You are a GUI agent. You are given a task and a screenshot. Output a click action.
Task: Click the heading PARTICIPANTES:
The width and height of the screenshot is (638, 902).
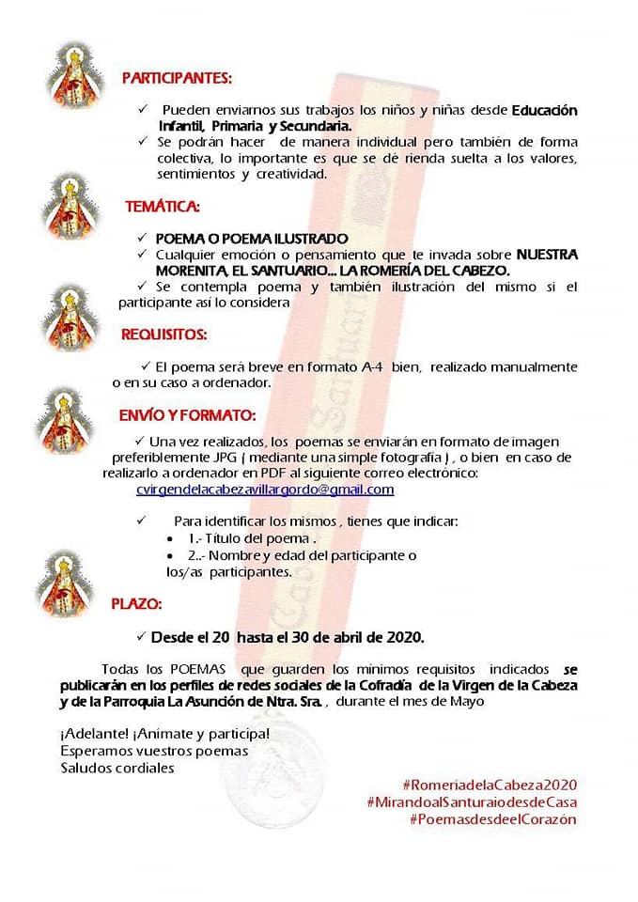(x=177, y=78)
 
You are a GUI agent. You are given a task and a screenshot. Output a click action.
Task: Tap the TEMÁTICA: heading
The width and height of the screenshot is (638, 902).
(x=163, y=205)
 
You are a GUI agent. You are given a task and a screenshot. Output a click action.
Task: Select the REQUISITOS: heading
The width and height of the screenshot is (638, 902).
(x=164, y=333)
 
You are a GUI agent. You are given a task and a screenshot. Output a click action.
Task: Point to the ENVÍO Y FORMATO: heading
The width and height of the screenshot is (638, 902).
(x=187, y=413)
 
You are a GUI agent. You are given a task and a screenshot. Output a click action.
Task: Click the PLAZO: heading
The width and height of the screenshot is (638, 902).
(x=136, y=603)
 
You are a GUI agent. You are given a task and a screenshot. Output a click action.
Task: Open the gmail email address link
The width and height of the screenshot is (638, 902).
(x=265, y=490)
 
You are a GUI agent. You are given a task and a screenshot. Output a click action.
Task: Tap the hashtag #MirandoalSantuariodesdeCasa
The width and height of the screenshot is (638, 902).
(x=472, y=801)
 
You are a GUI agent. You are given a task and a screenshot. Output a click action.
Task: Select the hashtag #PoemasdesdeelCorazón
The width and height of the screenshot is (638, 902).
(x=492, y=819)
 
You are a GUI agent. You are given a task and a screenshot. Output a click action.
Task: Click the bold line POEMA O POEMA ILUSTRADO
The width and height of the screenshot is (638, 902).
(x=251, y=239)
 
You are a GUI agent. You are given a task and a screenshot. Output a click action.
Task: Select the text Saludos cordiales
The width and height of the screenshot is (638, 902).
(x=117, y=768)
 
